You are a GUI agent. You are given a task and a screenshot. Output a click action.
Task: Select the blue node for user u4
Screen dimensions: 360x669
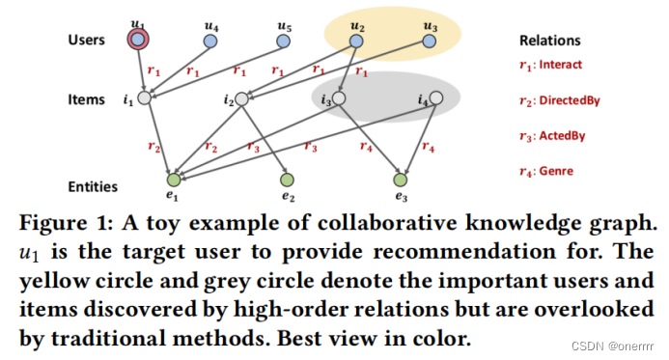(x=209, y=41)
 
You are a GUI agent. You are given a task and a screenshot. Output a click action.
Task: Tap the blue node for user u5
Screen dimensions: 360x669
(x=284, y=41)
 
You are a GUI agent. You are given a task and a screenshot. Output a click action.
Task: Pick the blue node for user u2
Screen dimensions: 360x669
(x=357, y=41)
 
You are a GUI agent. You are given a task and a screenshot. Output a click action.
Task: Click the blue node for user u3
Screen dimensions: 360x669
(x=431, y=41)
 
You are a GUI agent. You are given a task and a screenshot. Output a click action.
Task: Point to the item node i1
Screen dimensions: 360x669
(x=144, y=97)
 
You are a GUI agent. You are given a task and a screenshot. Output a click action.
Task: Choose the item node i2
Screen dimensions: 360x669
(x=242, y=97)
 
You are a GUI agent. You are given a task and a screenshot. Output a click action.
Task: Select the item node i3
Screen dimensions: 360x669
(x=340, y=97)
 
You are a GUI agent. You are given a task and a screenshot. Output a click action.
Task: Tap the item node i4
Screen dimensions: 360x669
(x=435, y=97)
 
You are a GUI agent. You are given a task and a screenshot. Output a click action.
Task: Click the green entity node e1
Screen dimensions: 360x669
(x=174, y=180)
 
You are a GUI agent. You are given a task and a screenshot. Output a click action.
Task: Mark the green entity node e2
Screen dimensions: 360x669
(x=287, y=180)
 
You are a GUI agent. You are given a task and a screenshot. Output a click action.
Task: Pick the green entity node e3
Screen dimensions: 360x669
(x=401, y=180)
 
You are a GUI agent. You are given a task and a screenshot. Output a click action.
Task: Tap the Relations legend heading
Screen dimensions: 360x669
(x=549, y=41)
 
